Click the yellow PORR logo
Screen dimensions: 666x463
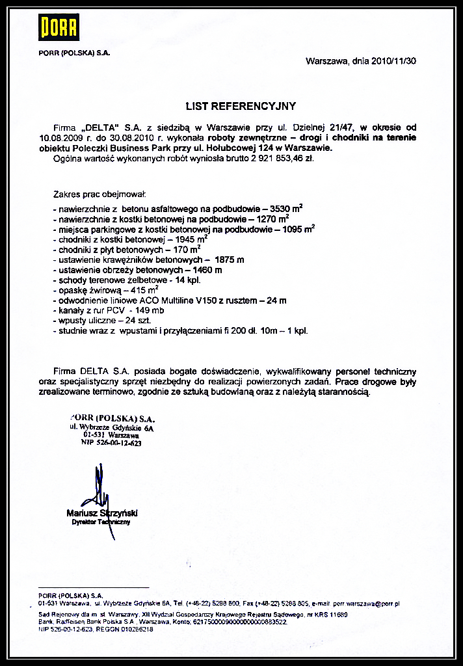[x=59, y=27]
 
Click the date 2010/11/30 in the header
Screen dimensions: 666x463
[x=393, y=60]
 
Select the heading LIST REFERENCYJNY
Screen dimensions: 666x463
[x=241, y=106]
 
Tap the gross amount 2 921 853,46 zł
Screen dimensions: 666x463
[x=278, y=158]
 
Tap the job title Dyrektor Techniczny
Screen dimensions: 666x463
[x=101, y=522]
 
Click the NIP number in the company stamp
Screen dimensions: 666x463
[x=111, y=443]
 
